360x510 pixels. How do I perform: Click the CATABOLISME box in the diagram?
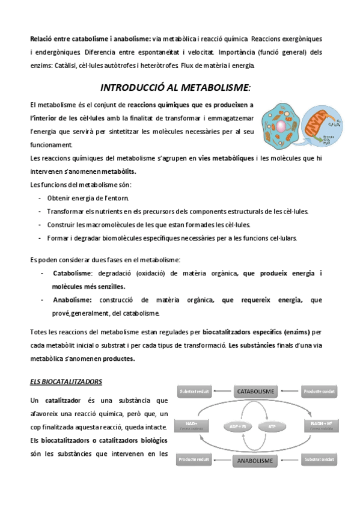click(256, 392)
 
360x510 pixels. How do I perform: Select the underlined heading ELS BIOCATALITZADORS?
click(66, 381)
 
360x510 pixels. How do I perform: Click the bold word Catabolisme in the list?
click(72, 274)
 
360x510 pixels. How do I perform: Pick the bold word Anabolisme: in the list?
click(72, 300)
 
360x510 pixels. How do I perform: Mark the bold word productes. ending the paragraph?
click(119, 359)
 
